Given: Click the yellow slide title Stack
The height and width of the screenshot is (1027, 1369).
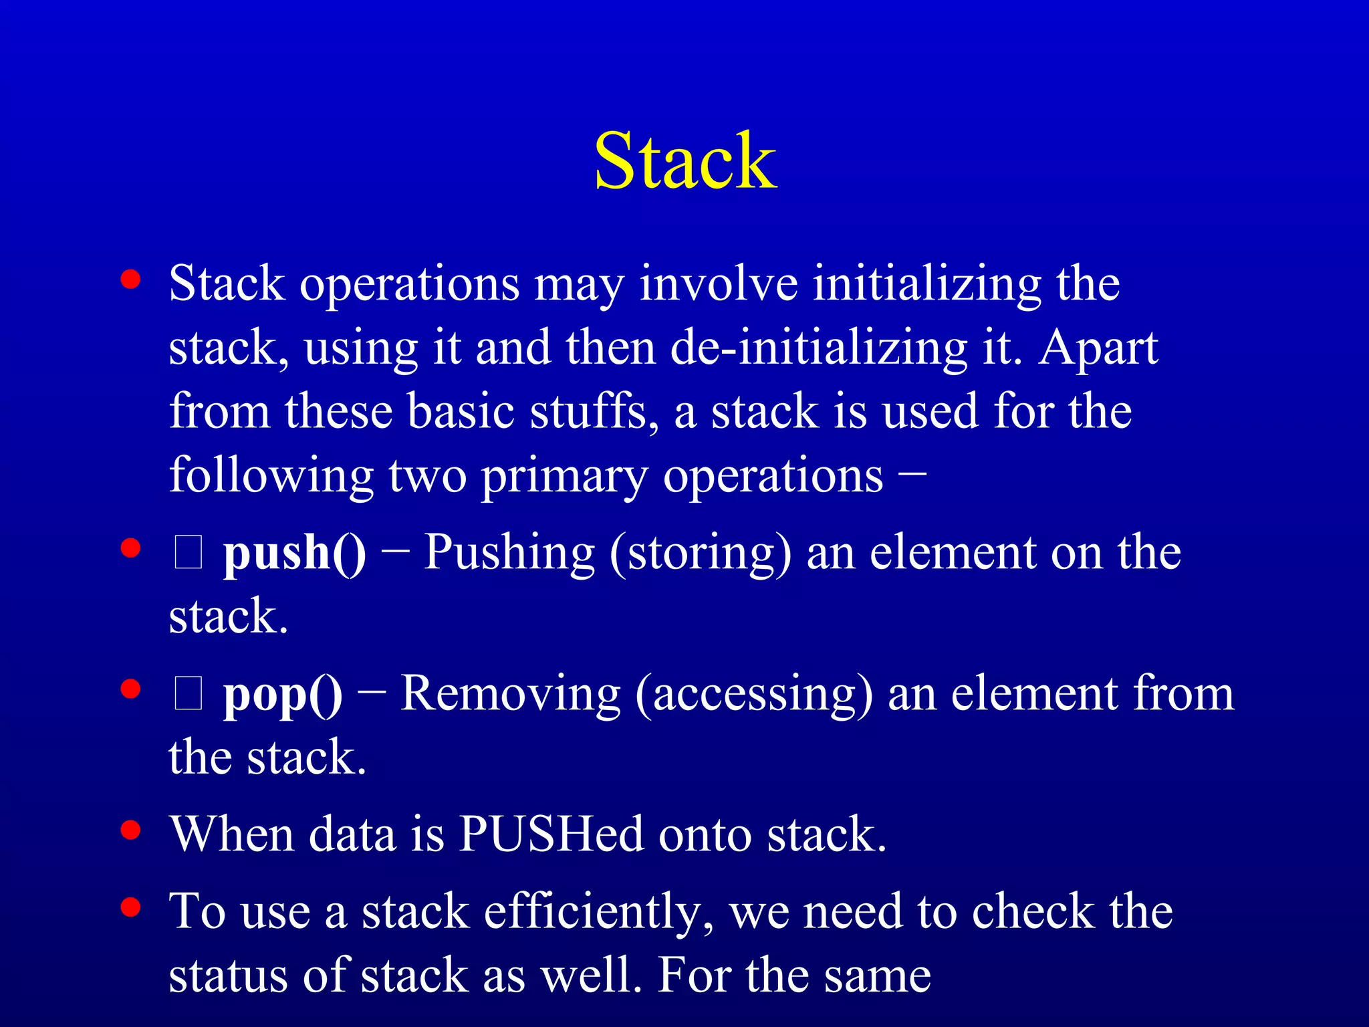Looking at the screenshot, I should [685, 161].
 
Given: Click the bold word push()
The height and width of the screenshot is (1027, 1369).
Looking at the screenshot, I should [294, 554].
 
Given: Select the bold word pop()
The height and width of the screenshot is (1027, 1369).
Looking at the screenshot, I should [282, 695].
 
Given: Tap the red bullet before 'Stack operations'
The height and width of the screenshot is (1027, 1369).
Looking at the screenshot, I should [131, 279].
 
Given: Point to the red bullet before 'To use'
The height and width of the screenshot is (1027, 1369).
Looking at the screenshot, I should [131, 907].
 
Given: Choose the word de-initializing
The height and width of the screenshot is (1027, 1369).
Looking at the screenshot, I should [818, 348].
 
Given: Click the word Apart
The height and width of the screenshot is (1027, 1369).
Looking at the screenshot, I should [1098, 348].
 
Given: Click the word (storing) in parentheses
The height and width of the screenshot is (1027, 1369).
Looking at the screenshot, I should [700, 554].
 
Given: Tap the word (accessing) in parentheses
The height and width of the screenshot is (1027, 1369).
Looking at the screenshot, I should [753, 695].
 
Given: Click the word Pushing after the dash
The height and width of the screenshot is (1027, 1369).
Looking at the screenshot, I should [509, 554].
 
